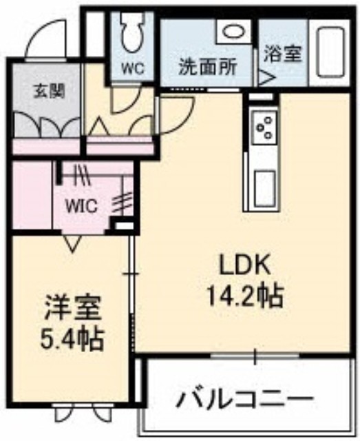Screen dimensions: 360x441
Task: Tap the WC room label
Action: click(133, 68)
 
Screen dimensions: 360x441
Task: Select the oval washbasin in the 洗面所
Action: click(233, 32)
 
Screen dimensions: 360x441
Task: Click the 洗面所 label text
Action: click(208, 67)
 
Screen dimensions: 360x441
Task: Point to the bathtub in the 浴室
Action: click(330, 52)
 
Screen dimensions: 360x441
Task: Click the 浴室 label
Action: click(283, 53)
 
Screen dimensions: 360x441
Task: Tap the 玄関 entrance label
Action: click(50, 92)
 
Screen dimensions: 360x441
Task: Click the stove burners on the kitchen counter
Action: click(265, 127)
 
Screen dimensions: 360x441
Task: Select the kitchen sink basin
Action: click(265, 189)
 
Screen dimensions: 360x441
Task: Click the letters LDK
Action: click(244, 265)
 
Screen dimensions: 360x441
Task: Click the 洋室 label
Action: click(72, 309)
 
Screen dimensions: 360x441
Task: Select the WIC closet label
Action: click(81, 206)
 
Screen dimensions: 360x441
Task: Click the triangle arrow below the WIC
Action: click(72, 243)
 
